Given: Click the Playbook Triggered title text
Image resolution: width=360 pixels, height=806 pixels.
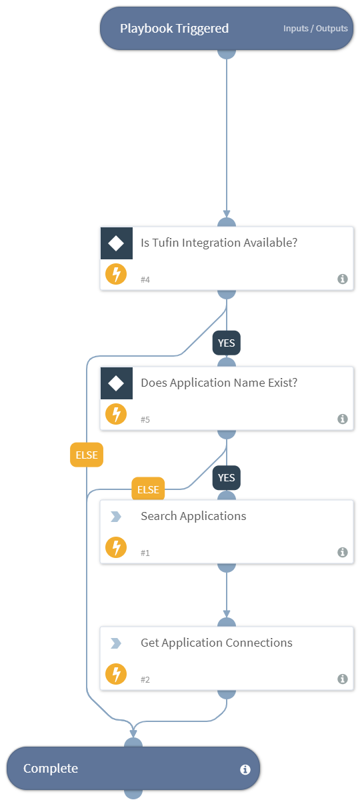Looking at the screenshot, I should (x=174, y=29).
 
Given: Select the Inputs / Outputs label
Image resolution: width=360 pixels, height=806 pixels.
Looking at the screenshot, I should (x=315, y=29).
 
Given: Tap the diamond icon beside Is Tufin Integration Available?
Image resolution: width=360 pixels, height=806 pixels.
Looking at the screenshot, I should (x=116, y=243).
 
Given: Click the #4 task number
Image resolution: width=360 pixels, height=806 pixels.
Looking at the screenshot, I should (x=145, y=280).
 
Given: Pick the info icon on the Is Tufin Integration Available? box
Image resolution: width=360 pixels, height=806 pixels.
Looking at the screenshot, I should (x=343, y=279).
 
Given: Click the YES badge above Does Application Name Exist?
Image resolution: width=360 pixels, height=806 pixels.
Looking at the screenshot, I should (x=227, y=343).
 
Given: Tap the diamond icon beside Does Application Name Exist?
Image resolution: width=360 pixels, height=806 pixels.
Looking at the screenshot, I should (x=116, y=383).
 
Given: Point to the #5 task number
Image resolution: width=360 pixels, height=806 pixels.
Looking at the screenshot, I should (x=145, y=420).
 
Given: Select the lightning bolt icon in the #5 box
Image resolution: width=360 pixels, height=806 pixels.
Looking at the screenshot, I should (x=116, y=415).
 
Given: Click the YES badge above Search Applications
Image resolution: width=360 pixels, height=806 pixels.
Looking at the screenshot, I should (x=227, y=477).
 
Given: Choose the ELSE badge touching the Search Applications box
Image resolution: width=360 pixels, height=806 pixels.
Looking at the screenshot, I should (x=148, y=489).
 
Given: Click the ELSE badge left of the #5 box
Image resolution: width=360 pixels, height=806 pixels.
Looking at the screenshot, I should (x=87, y=456).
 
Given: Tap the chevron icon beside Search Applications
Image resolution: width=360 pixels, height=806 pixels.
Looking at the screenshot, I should (x=116, y=517).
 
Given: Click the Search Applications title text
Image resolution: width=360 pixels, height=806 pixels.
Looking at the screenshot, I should (x=193, y=516).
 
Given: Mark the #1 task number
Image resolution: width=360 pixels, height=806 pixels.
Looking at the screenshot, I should (x=145, y=553).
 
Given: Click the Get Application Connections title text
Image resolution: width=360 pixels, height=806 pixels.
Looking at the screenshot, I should (x=217, y=643).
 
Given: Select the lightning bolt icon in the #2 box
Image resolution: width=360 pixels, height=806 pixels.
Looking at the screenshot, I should (x=116, y=675).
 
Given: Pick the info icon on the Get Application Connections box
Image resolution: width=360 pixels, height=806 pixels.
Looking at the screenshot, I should (x=343, y=679).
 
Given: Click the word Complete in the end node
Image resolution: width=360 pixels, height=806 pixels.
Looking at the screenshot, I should (x=51, y=769).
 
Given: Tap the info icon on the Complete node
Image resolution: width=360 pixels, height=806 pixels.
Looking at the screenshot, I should (x=245, y=769).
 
